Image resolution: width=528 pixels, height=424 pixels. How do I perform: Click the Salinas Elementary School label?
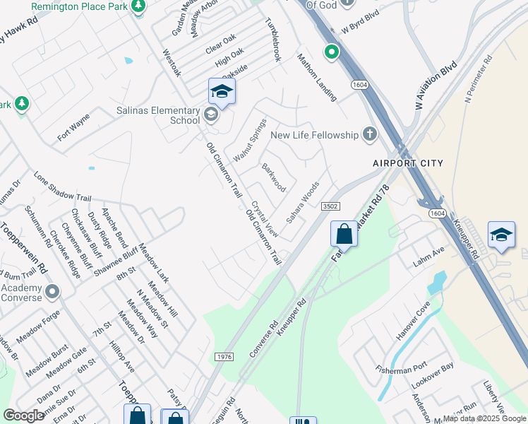pos(159,115)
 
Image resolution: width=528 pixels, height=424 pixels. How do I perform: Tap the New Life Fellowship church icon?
pos(369,134)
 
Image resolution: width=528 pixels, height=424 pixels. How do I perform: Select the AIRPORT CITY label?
pos(408,163)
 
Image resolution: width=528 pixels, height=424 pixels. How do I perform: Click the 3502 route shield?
pos(330,206)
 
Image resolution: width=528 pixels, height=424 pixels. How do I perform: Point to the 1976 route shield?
pos(223,358)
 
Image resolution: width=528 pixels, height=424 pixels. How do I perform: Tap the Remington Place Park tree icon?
pos(138,6)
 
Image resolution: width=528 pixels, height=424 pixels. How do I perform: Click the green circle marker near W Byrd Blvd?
pos(331,52)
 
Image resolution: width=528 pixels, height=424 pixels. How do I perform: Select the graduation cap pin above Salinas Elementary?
pos(222,92)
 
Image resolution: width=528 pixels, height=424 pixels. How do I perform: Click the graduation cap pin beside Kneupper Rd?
pos(501,236)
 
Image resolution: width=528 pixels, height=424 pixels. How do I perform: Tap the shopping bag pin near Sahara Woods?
pos(344,233)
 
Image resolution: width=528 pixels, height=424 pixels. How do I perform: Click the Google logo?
pos(24,416)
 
